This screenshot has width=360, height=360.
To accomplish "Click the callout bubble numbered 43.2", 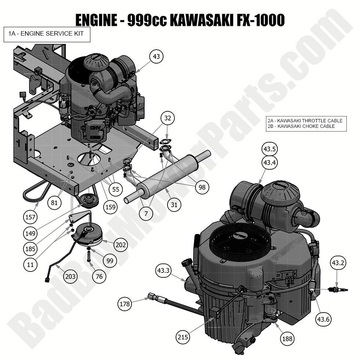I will tap(338, 263).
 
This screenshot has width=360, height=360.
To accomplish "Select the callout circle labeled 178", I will tap(125, 304).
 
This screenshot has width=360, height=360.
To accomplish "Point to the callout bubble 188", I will tap(287, 338).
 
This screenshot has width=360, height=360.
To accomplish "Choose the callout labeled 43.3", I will tap(163, 270).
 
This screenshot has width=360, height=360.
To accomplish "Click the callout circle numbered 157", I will tap(31, 217).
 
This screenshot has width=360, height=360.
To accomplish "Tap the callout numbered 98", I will tap(202, 187).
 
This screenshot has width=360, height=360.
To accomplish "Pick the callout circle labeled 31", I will tap(174, 204).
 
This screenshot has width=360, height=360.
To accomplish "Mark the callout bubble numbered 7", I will tap(146, 213).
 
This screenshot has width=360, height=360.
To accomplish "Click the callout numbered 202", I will tap(121, 245).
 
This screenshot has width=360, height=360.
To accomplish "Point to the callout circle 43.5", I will tap(269, 149).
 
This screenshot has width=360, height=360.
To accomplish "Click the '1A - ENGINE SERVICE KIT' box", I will tap(47, 34).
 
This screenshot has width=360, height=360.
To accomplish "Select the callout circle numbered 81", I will tap(55, 202).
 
